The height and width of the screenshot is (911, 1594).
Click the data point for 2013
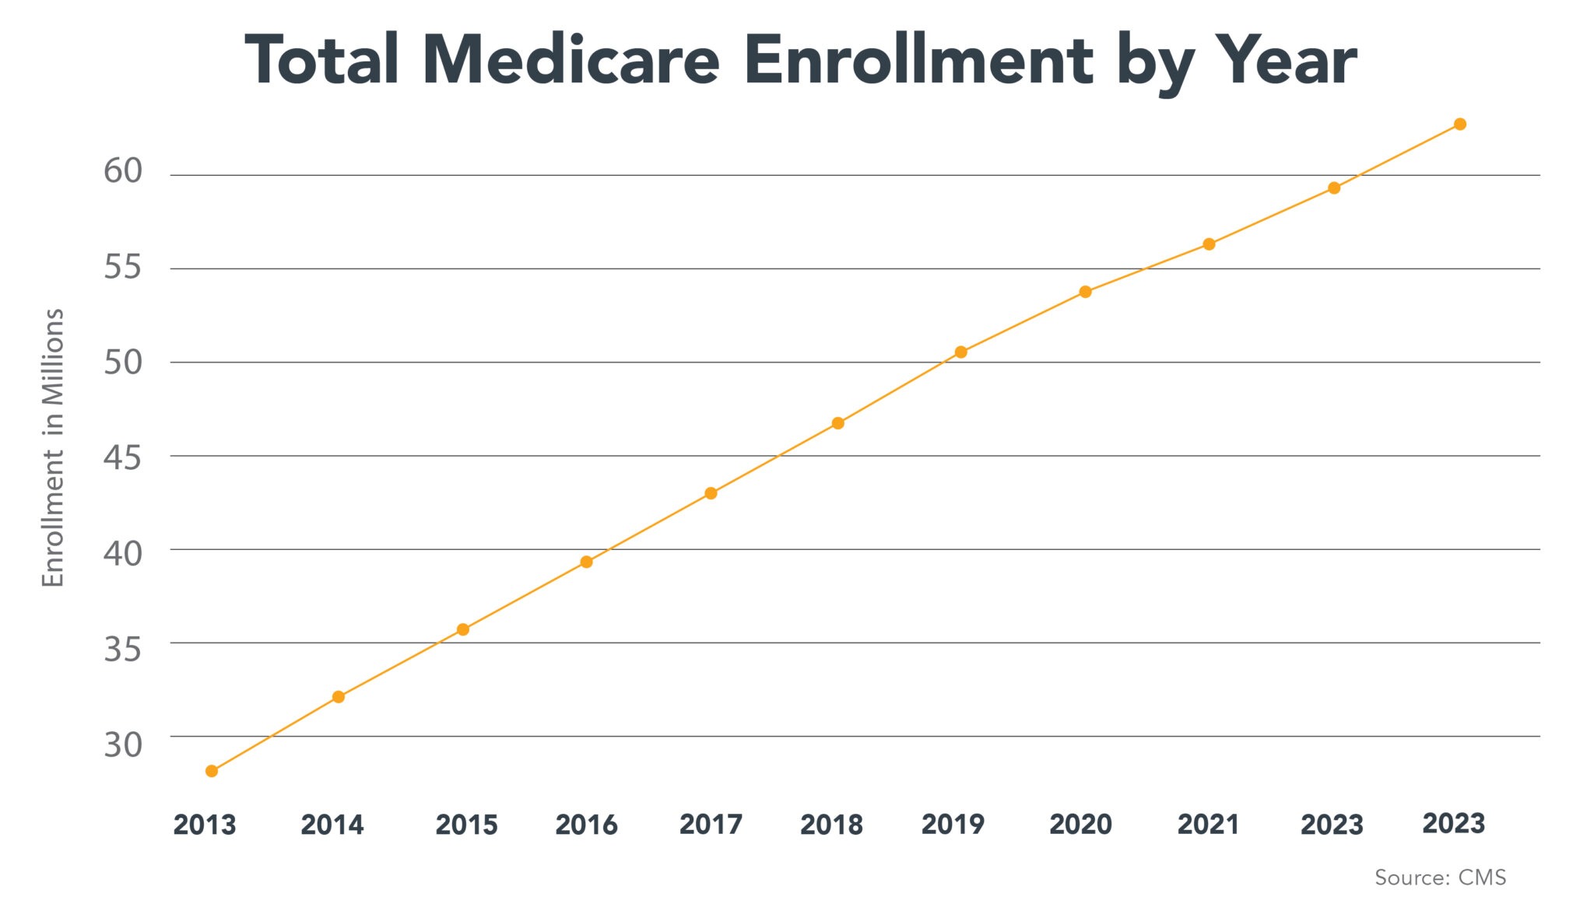(x=212, y=771)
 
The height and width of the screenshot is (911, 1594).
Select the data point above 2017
(x=711, y=493)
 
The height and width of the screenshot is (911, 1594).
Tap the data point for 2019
(x=960, y=352)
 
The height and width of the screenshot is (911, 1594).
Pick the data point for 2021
(x=1209, y=244)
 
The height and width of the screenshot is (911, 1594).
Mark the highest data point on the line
(x=1460, y=124)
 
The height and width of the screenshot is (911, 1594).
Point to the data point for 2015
(x=463, y=629)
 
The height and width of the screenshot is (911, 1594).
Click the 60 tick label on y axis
(x=123, y=171)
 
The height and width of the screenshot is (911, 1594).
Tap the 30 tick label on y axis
(x=123, y=745)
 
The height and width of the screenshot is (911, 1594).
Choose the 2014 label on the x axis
(x=332, y=825)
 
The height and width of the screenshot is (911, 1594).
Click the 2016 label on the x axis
(x=586, y=825)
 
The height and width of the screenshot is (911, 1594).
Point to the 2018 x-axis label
(x=831, y=825)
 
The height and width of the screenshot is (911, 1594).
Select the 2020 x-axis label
(x=1080, y=825)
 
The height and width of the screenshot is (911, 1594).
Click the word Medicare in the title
(x=571, y=61)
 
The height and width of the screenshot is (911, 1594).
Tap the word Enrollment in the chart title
(x=918, y=61)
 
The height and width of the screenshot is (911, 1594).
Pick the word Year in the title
(x=1287, y=61)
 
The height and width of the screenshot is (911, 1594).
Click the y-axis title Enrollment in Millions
(x=53, y=447)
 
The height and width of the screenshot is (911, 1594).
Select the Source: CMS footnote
(x=1440, y=878)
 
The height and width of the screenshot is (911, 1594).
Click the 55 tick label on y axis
(x=123, y=267)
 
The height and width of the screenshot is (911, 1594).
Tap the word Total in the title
(x=322, y=61)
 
